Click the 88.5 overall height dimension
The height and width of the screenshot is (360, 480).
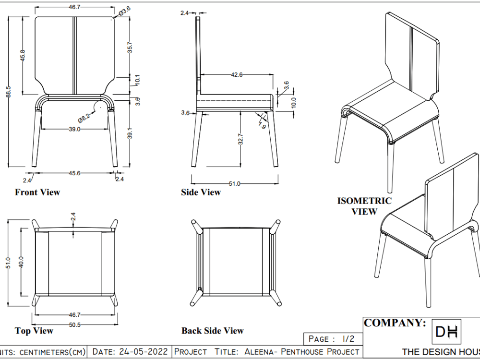(8, 91)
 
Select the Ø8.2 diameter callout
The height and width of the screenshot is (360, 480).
(85, 116)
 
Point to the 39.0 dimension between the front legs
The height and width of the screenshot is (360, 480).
(74, 129)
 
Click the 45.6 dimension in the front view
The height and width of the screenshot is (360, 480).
(74, 173)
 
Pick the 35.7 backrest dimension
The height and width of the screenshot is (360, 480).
(130, 48)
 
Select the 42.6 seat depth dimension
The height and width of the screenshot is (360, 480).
(237, 75)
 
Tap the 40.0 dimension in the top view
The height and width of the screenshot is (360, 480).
(21, 262)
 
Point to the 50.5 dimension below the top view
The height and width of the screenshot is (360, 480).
(74, 324)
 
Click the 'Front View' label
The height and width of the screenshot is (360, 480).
(37, 192)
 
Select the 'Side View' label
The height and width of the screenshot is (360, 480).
(201, 192)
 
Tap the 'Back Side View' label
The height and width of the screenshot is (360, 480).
(212, 331)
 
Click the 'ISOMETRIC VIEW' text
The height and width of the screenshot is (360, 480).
(364, 206)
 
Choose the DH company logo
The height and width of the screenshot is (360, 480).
(446, 331)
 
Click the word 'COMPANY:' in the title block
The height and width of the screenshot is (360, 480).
(395, 323)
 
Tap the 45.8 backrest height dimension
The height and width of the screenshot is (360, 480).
(23, 55)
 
